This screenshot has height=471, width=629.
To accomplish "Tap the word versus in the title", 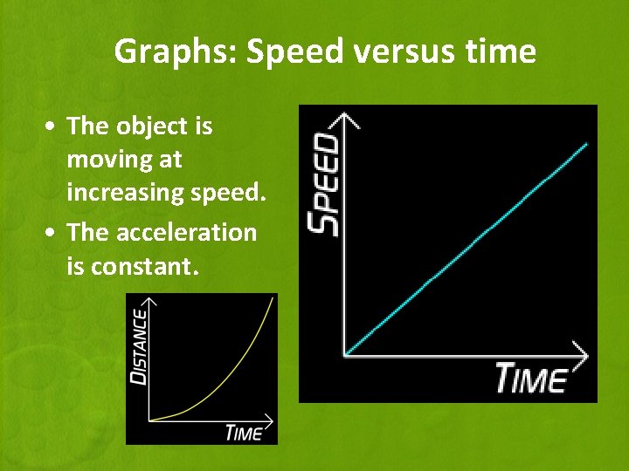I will tap(384, 52).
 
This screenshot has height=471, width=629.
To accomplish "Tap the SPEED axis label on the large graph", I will tap(325, 184).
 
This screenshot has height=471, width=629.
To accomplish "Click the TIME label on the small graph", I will tap(244, 433).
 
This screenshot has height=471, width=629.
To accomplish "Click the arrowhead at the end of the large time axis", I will tap(582, 354).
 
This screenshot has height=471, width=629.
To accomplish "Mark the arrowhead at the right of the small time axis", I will tap(267, 420).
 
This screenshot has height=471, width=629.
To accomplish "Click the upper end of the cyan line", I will tap(586, 143).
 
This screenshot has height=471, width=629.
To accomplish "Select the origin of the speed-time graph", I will tap(346, 355).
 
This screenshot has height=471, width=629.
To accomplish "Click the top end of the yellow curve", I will tap(273, 298).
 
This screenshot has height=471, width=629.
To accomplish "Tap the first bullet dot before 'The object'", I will tap(54, 127).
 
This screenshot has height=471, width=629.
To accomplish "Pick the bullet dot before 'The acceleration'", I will tap(54, 234).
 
